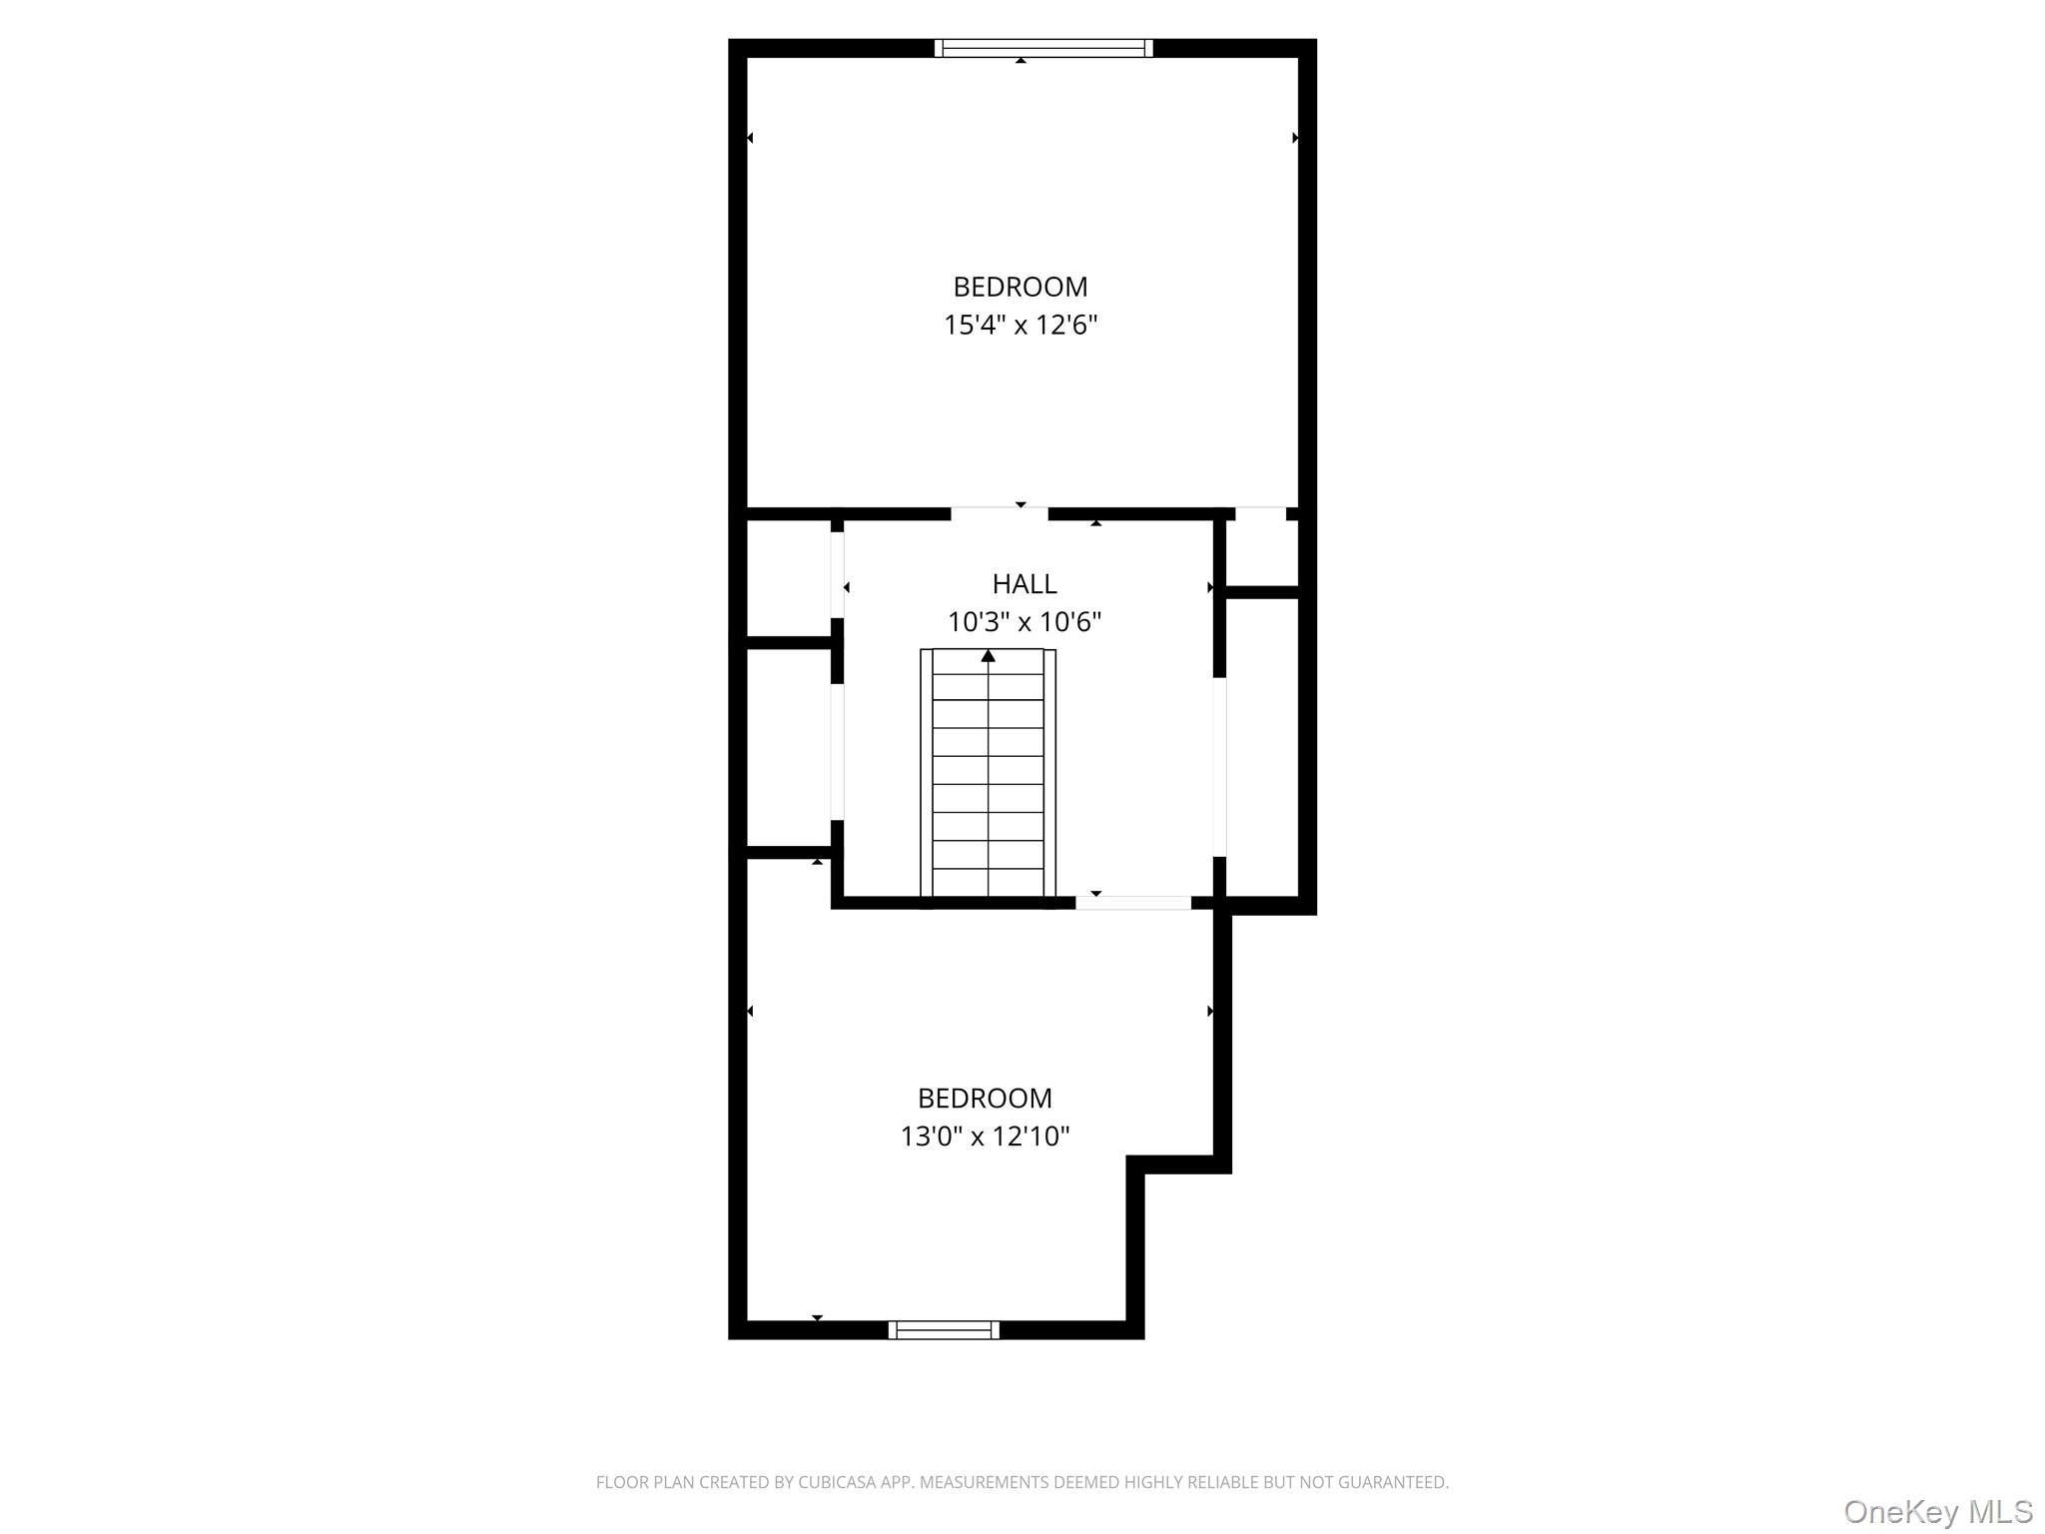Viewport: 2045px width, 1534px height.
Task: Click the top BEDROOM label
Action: click(1020, 287)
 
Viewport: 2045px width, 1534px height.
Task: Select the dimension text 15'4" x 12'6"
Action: click(1020, 326)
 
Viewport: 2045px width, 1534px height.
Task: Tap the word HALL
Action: click(1023, 583)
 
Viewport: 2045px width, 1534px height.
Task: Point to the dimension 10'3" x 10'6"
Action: click(1023, 622)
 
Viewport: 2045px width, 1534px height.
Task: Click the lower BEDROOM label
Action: click(985, 1099)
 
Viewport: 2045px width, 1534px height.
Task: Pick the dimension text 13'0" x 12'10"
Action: click(985, 1137)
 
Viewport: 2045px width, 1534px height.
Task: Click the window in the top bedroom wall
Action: click(1043, 48)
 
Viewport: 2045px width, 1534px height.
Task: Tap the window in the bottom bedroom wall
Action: click(944, 1329)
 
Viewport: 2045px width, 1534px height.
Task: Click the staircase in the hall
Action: click(988, 779)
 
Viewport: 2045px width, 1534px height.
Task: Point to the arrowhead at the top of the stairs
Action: click(988, 656)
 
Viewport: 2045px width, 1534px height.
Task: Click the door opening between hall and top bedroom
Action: click(999, 513)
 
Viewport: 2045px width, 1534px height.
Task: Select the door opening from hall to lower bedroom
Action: click(1132, 903)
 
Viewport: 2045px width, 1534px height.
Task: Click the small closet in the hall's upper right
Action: click(1261, 552)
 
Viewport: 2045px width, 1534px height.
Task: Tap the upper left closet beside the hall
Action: click(789, 577)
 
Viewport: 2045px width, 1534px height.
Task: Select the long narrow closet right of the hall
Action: click(1261, 747)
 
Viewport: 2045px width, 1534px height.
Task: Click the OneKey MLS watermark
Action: click(1937, 1511)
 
